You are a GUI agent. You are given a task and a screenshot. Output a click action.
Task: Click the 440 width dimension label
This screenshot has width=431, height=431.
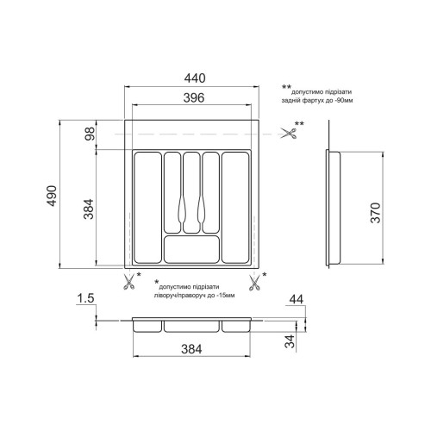pyautogui.click(x=195, y=78)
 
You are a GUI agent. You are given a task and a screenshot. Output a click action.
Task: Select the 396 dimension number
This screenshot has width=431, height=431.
pyautogui.click(x=194, y=97)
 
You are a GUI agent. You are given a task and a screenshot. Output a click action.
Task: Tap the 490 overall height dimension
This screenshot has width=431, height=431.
pyautogui.click(x=52, y=196)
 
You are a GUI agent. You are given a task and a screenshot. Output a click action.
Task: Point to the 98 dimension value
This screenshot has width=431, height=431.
pyautogui.click(x=90, y=134)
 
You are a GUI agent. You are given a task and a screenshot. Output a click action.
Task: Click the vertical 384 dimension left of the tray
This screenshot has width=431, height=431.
pyautogui.click(x=89, y=209)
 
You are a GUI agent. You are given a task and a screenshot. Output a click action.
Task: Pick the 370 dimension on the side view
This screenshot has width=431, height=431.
pyautogui.click(x=375, y=213)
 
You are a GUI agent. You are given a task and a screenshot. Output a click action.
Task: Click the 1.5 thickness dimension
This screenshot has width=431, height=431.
pyautogui.click(x=85, y=298)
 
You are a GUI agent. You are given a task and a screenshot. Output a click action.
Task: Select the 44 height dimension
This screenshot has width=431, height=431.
pyautogui.click(x=297, y=299)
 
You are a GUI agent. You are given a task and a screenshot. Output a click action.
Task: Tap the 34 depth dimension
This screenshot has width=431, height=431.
pyautogui.click(x=290, y=341)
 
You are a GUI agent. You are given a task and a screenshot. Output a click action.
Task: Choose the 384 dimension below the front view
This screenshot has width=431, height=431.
pyautogui.click(x=191, y=349)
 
